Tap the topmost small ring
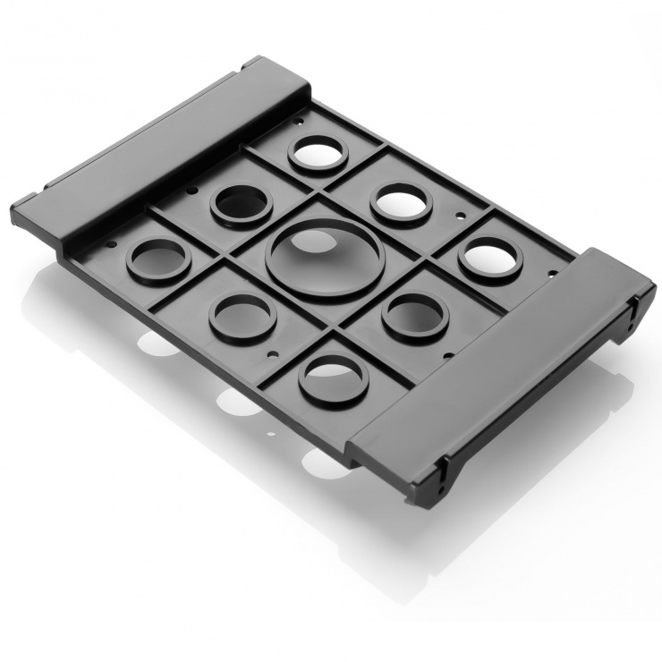[319, 153]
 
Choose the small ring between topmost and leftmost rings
[241, 203]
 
